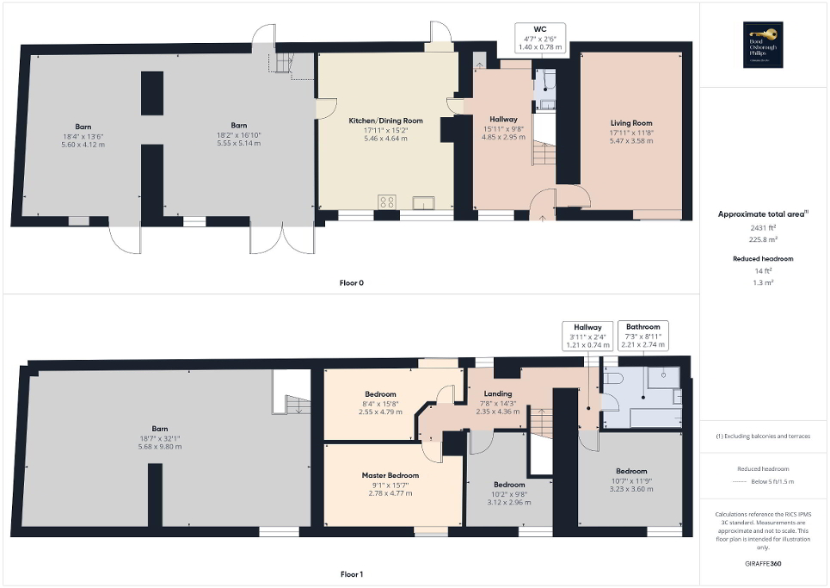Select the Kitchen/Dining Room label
pos(385,122)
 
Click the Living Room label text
pos(631,123)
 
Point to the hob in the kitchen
pos(387,202)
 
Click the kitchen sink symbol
pos(422,202)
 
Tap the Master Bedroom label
pos(390,475)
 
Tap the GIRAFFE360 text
pos(764,565)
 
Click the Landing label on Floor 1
pos(498,394)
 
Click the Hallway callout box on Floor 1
pos(586,336)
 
